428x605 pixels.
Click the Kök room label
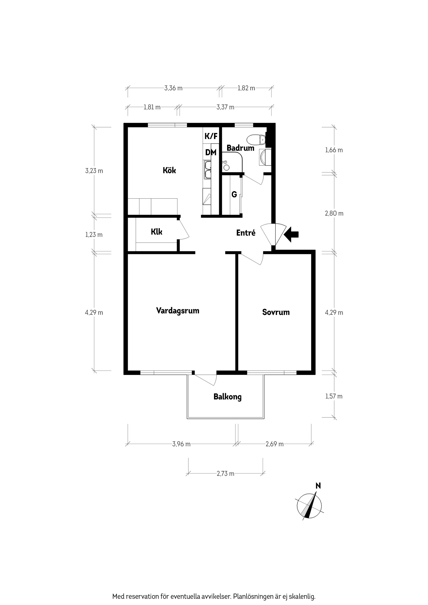(x=169, y=170)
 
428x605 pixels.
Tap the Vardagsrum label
(x=177, y=311)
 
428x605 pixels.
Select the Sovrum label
(x=276, y=312)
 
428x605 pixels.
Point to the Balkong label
(x=227, y=397)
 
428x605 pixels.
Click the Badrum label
(x=240, y=148)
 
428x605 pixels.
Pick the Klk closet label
(x=156, y=232)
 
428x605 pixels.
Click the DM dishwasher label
(x=211, y=152)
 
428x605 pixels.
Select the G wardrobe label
(x=234, y=194)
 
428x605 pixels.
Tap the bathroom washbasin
(x=264, y=157)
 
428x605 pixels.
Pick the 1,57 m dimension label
(x=333, y=397)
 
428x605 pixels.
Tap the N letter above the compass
(x=318, y=486)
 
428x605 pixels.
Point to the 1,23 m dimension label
(x=94, y=235)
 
